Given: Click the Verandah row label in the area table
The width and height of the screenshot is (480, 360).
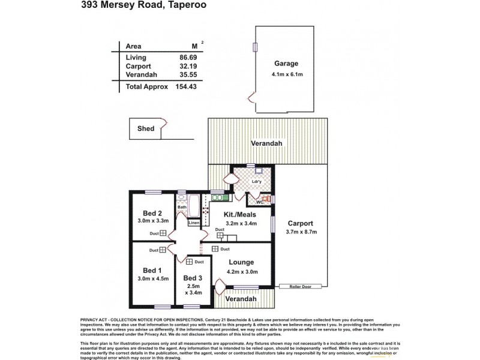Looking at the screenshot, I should [142, 75].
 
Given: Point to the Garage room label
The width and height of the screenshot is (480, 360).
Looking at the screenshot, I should [286, 64].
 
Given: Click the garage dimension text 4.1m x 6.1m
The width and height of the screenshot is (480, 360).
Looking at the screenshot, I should [286, 74].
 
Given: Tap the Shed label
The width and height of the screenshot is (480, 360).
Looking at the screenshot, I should [145, 128].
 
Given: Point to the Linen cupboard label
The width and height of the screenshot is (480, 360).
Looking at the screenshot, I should [193, 223].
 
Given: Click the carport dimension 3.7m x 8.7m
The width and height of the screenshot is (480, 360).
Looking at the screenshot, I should [301, 232].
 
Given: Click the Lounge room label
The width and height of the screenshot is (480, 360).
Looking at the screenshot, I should [241, 262].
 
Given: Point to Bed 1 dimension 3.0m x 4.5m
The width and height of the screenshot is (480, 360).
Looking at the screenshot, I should [152, 279].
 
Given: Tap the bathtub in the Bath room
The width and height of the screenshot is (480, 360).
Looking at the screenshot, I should [194, 208].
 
